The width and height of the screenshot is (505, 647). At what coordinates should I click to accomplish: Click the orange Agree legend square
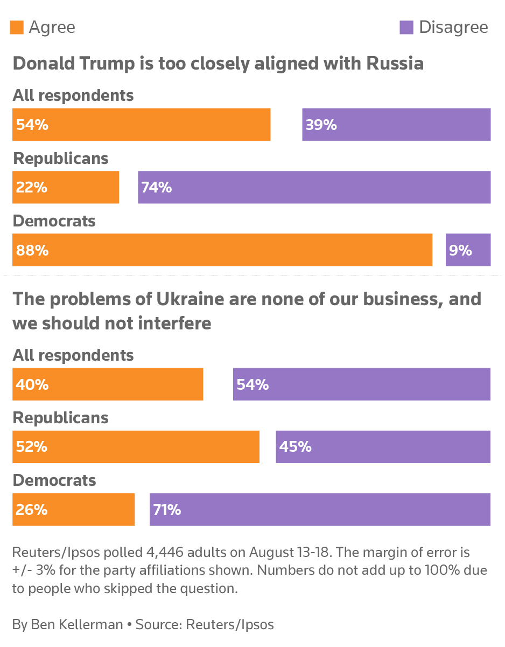click(x=17, y=27)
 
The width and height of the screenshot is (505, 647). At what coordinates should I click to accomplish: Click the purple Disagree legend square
click(x=406, y=27)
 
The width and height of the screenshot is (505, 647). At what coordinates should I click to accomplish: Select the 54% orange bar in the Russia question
click(x=141, y=125)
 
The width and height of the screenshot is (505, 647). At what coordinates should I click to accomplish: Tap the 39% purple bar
click(x=396, y=125)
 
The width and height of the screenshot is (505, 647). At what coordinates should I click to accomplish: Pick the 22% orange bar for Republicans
click(x=66, y=187)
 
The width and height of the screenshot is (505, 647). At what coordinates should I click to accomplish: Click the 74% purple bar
click(x=314, y=187)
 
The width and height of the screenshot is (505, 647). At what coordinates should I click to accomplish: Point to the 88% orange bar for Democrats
click(x=222, y=250)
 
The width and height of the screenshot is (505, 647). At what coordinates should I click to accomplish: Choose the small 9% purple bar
click(x=468, y=250)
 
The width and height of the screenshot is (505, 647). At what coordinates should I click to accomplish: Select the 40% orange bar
click(x=108, y=384)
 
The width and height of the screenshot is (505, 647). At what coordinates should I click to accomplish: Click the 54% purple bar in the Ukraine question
click(x=362, y=384)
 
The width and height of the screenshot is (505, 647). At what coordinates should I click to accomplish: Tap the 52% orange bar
click(x=136, y=446)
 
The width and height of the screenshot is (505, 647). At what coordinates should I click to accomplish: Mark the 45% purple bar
click(x=383, y=446)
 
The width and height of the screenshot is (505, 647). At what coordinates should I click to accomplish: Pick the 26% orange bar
click(x=73, y=509)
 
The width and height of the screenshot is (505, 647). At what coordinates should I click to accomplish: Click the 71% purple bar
click(x=320, y=509)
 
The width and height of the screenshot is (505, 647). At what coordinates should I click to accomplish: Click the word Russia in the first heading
click(x=395, y=64)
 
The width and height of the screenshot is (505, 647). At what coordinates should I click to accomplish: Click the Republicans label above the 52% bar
click(x=61, y=418)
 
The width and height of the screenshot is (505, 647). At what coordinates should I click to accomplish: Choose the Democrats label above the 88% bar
click(x=54, y=221)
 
